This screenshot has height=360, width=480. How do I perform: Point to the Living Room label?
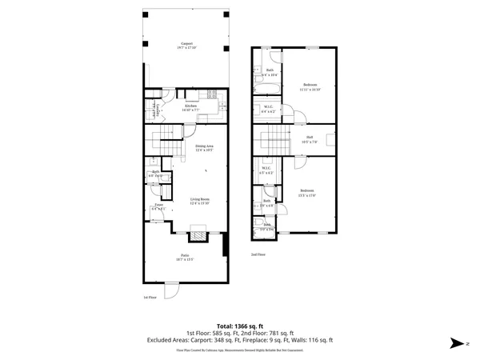click(x=199, y=201)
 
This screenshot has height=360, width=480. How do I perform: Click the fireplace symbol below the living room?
click(x=197, y=236)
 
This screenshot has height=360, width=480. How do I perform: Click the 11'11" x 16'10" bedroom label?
click(x=310, y=86)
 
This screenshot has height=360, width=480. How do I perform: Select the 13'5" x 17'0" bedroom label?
click(x=306, y=191)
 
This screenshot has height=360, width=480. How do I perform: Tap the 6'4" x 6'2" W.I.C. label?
click(x=268, y=111)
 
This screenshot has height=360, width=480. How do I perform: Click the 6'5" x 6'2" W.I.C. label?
click(x=266, y=170)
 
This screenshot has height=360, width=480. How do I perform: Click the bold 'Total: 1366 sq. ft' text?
click(x=240, y=326)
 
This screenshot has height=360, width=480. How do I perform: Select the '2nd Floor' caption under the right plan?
click(x=258, y=255)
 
